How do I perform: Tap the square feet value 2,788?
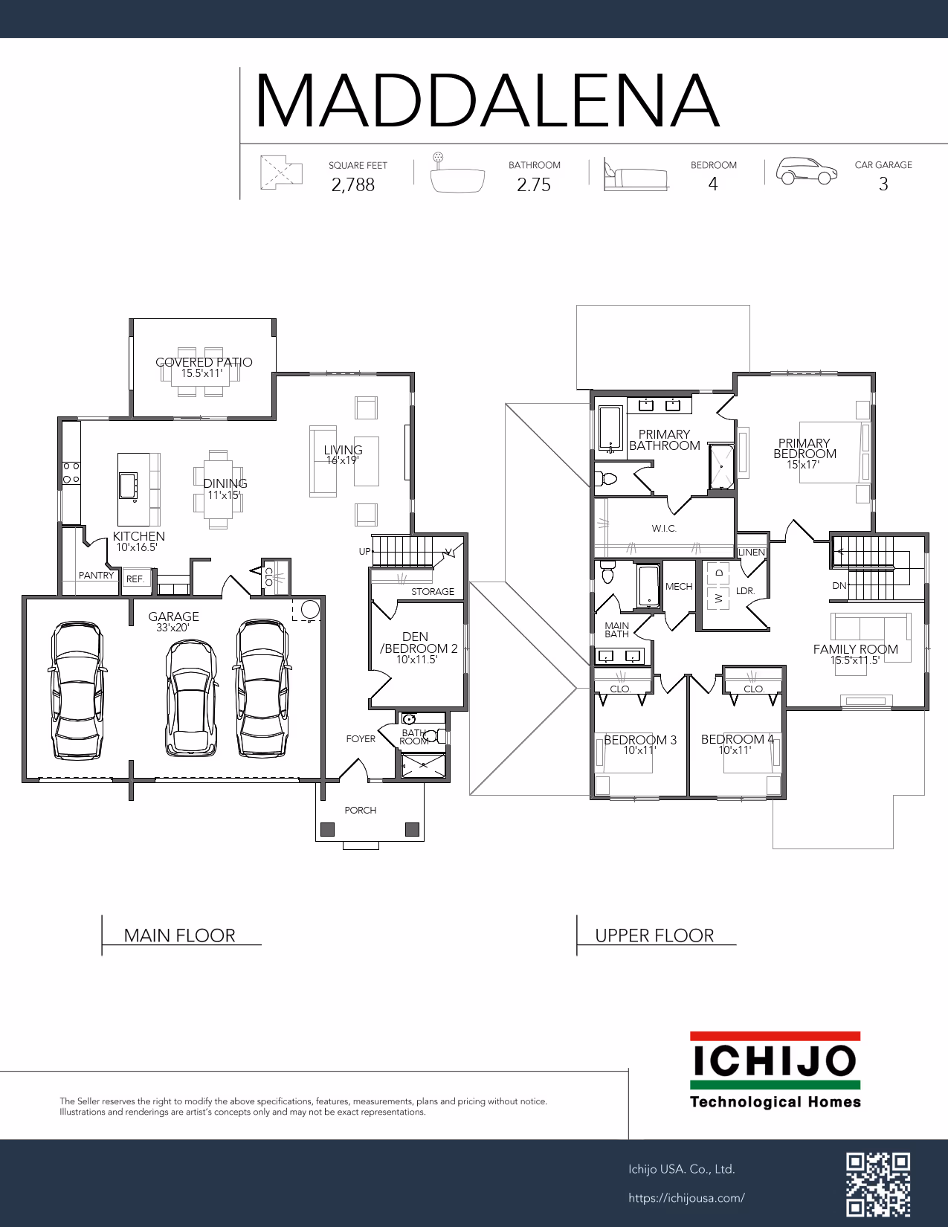[x=353, y=184]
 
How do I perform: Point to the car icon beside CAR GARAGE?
[x=806, y=170]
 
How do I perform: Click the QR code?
[x=878, y=1184]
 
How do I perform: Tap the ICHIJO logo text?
[x=775, y=1060]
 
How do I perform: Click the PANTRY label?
[x=96, y=576]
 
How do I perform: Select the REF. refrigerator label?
[x=135, y=579]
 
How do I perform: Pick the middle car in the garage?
[x=191, y=698]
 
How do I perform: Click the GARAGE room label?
[x=173, y=616]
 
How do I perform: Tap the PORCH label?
[x=360, y=811]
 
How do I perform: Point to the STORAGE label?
[x=433, y=591]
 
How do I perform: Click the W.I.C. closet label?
[x=664, y=529]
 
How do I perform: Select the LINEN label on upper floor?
[x=752, y=553]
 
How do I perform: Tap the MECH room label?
[x=679, y=587]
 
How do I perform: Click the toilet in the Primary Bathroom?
[x=606, y=479]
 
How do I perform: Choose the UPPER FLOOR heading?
[x=654, y=935]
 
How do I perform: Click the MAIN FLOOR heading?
[x=179, y=935]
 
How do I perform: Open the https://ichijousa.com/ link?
[x=686, y=1198]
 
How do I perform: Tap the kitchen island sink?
[x=128, y=486]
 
